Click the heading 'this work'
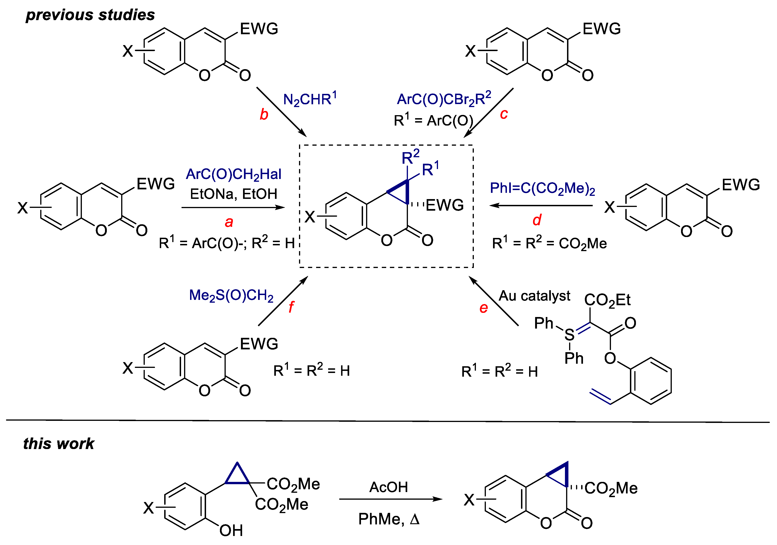pyautogui.click(x=59, y=443)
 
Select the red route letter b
pyautogui.click(x=264, y=114)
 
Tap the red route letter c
pyautogui.click(x=504, y=114)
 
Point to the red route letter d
pyautogui.click(x=537, y=220)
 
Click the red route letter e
pyautogui.click(x=483, y=308)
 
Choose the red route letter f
pyautogui.click(x=291, y=307)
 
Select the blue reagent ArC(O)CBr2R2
pyautogui.click(x=444, y=99)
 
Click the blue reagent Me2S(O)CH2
pyautogui.click(x=231, y=295)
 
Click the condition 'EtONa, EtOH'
pyautogui.click(x=234, y=194)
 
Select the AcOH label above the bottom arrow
pyautogui.click(x=388, y=487)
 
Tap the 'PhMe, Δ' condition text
pyautogui.click(x=388, y=519)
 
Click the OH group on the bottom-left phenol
pyautogui.click(x=231, y=530)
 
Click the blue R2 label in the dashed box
pyautogui.click(x=410, y=157)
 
